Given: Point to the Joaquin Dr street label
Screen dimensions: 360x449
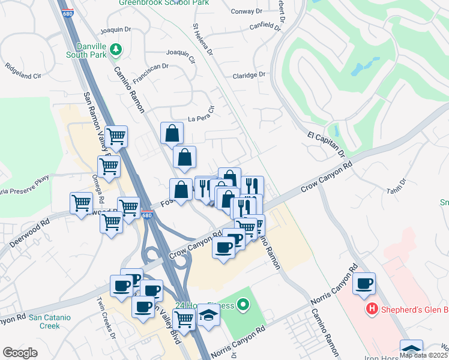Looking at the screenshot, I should tap(116, 29).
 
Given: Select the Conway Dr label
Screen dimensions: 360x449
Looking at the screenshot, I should tap(247, 10).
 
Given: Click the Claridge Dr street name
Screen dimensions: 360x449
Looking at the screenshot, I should tap(249, 75).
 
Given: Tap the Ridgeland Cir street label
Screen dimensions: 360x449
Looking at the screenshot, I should tap(23, 71).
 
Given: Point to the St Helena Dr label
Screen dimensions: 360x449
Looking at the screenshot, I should tap(203, 41).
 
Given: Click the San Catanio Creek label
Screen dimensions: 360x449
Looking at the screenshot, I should tap(53, 322).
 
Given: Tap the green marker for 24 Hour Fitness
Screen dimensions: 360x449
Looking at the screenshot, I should tap(243, 306).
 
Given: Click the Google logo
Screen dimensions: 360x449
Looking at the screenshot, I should tap(20, 353).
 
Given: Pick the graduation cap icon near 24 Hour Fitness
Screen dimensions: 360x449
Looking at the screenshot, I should tap(208, 314).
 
